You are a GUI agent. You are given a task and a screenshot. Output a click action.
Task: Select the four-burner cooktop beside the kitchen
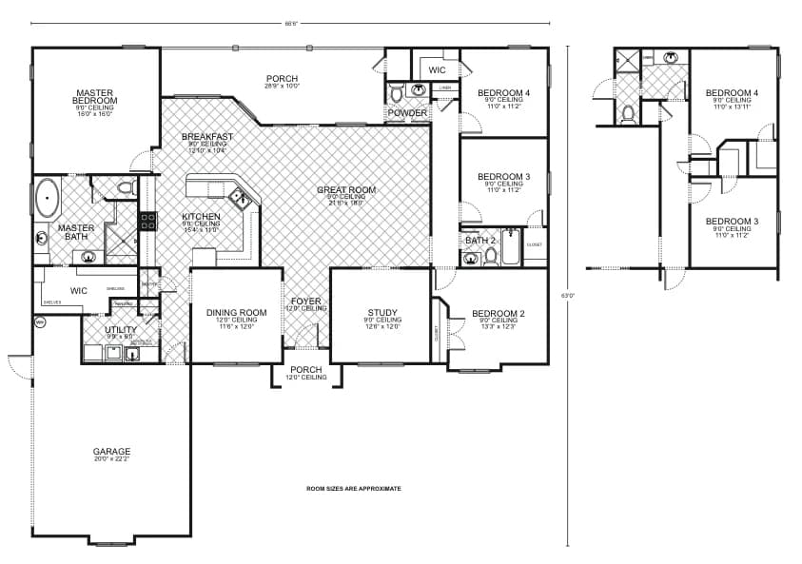tap(147, 221)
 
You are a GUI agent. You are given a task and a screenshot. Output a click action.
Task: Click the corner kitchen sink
tap(239, 199)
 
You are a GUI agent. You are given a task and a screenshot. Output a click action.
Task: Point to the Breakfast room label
tap(207, 137)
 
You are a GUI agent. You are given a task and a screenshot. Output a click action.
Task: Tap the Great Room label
tap(345, 190)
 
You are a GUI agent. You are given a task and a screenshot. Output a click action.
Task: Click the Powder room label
tap(406, 113)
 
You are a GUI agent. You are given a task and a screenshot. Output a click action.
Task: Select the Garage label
tap(111, 452)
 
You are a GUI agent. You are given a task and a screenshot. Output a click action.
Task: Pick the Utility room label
tap(121, 329)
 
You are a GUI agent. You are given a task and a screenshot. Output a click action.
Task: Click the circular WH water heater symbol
tap(41, 323)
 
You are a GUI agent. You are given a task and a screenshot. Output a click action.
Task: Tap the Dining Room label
tap(236, 312)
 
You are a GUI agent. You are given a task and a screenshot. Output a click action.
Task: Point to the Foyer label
tap(305, 301)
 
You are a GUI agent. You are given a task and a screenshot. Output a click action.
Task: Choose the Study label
tap(381, 312)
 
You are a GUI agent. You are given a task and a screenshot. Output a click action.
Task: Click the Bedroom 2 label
tap(498, 313)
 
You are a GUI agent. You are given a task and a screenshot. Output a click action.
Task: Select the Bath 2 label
tap(480, 241)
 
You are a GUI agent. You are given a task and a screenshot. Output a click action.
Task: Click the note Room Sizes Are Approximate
tap(353, 488)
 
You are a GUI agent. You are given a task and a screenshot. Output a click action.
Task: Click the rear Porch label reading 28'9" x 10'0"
tap(282, 78)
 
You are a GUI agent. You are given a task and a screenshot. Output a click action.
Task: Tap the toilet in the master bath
tap(125, 188)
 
